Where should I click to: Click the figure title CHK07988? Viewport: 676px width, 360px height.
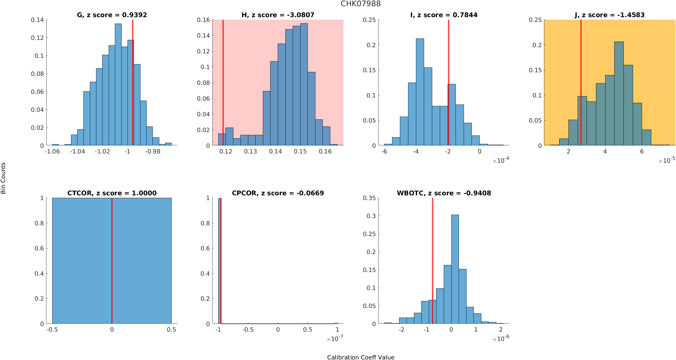coord(361,4)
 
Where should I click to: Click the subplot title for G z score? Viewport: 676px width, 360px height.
coord(112,15)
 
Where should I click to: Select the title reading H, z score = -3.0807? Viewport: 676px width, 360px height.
coord(278,15)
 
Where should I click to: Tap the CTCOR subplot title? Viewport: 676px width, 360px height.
coord(112,193)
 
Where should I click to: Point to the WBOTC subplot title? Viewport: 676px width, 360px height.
coord(444,193)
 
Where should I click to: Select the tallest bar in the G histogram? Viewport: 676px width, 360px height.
coord(118,84)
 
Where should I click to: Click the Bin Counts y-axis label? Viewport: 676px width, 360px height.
coord(3,178)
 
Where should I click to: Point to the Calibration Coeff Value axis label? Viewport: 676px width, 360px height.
coord(361,357)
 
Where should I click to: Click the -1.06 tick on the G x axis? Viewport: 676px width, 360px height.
coord(52,151)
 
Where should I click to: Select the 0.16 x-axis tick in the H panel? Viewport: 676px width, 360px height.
coord(325,151)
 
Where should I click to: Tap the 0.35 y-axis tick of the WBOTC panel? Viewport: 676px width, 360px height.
coord(369,198)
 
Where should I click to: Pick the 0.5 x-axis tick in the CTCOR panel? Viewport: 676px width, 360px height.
coord(171,330)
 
